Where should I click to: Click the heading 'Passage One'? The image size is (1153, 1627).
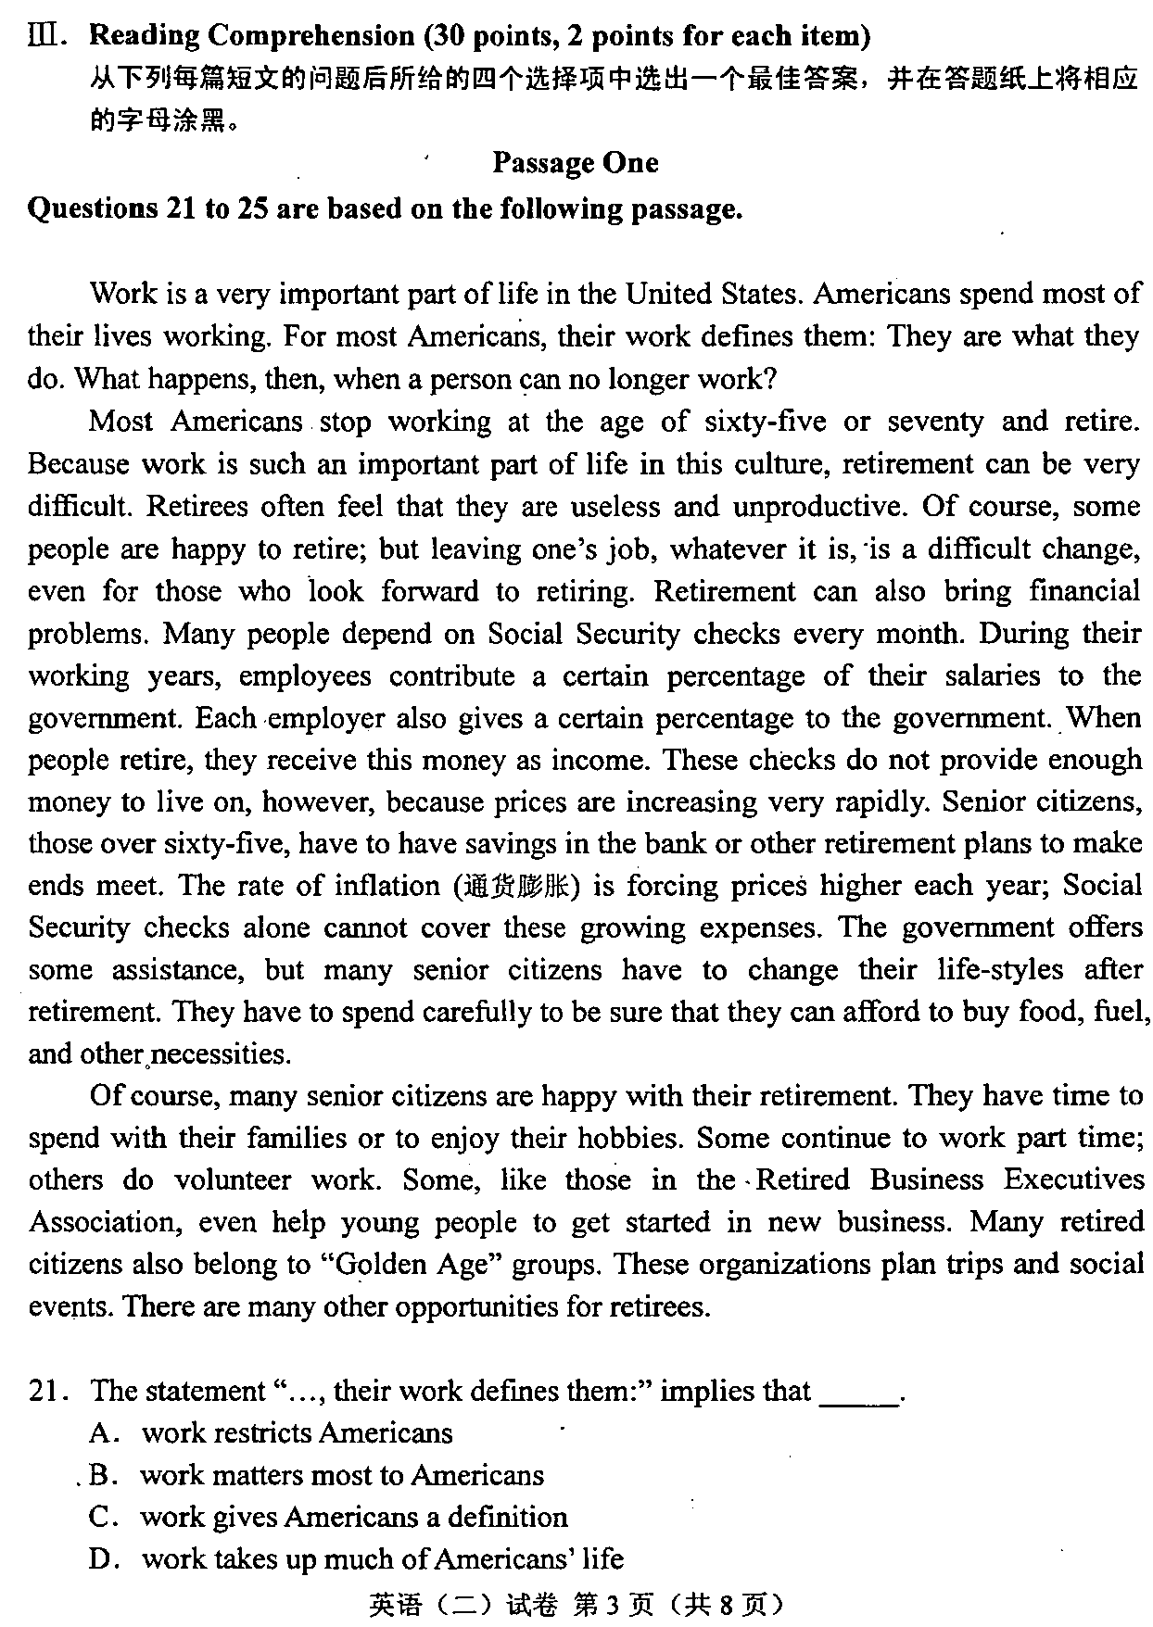click(575, 163)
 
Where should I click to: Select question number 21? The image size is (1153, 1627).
click(44, 1391)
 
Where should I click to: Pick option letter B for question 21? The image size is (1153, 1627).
click(101, 1475)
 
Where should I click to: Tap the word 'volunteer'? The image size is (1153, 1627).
click(232, 1180)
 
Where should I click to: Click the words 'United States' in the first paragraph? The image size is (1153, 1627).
click(711, 295)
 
